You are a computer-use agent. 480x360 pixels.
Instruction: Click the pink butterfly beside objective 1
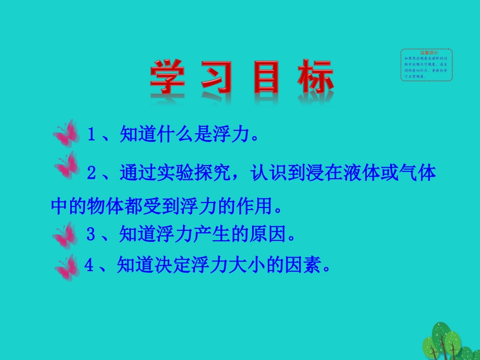click(67, 134)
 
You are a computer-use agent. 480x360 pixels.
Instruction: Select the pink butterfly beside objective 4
click(68, 267)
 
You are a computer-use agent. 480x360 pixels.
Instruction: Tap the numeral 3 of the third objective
click(91, 234)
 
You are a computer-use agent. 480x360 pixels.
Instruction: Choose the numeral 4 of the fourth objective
click(89, 266)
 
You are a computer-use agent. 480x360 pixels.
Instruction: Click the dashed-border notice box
click(426, 65)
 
